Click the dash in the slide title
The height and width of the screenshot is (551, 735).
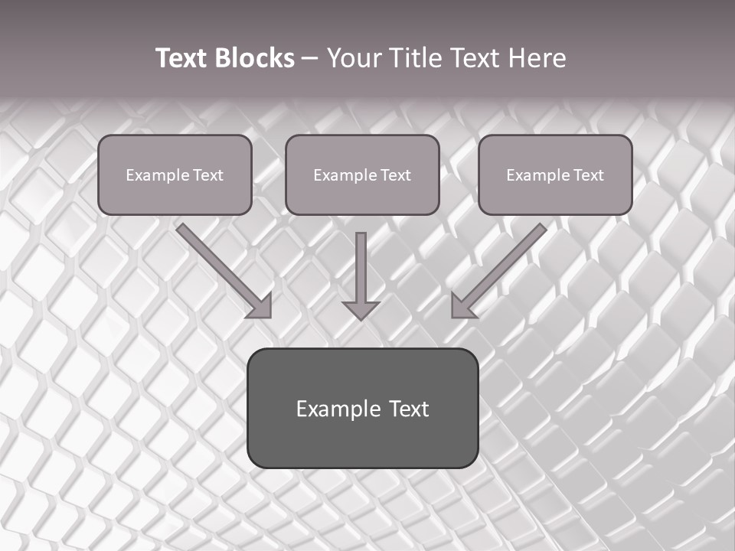[310, 59]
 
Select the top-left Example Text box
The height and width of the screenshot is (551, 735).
[175, 174]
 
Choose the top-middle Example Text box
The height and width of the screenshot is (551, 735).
[362, 174]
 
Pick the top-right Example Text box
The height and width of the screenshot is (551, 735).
[555, 174]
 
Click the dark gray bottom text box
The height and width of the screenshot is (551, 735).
[362, 408]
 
